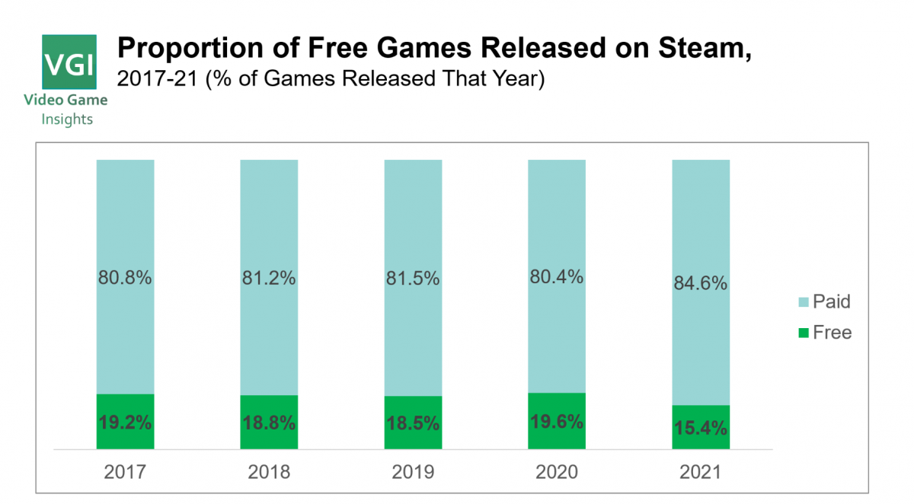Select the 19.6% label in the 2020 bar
tap(557, 422)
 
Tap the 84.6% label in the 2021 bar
tap(701, 284)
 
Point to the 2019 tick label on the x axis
tap(413, 473)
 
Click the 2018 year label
tap(269, 473)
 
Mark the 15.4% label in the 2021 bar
tap(701, 428)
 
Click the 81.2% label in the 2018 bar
tap(269, 279)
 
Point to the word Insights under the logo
tap(67, 120)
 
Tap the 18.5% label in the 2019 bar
tap(413, 423)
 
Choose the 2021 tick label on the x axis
tap(701, 473)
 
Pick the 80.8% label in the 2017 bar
tap(125, 279)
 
